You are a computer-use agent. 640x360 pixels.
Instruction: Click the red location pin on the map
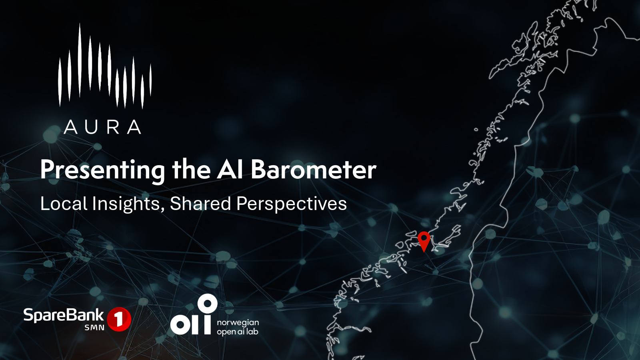(424, 240)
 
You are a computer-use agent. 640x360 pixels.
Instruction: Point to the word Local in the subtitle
(64, 204)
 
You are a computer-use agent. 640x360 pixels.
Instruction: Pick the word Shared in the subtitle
(200, 204)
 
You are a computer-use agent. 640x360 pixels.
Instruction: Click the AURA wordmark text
(102, 127)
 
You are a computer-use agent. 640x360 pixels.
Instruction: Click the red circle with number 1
(119, 319)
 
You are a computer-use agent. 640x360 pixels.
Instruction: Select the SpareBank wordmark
(64, 316)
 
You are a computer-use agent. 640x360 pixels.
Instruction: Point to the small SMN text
(94, 328)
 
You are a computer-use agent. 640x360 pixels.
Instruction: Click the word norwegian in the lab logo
(238, 323)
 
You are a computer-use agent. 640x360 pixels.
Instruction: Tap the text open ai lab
(238, 332)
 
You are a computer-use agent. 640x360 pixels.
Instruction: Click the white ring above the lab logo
(208, 304)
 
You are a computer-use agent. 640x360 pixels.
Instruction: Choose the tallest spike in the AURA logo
(80, 60)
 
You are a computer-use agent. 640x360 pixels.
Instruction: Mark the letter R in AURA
(114, 127)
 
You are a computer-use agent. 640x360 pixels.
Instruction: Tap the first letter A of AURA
(70, 127)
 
